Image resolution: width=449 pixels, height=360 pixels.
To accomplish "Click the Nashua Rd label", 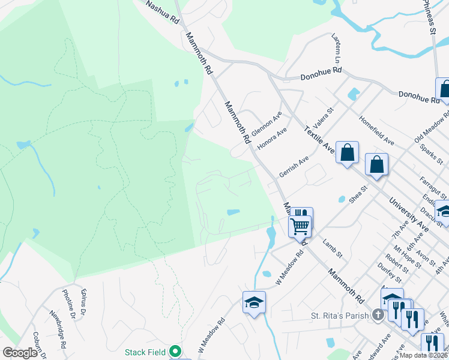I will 164,12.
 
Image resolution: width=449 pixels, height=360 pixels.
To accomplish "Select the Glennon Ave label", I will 267,123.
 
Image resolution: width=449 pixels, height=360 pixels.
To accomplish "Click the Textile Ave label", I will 318,139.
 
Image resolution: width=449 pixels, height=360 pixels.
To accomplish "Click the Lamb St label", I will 331,246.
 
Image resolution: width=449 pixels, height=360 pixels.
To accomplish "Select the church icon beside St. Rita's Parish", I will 378,315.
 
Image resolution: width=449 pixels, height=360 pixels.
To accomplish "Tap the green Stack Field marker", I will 175,352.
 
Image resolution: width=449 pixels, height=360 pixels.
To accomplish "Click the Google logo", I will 20,353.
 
